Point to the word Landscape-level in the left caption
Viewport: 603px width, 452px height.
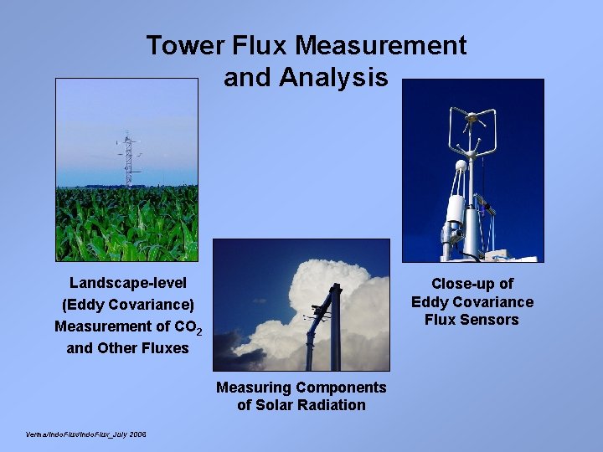coord(127,283)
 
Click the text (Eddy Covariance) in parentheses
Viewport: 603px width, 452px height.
coord(127,305)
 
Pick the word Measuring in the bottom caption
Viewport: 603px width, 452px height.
coord(254,388)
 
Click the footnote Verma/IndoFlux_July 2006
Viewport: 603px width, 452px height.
coord(87,434)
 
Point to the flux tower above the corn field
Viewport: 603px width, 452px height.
coord(127,159)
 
